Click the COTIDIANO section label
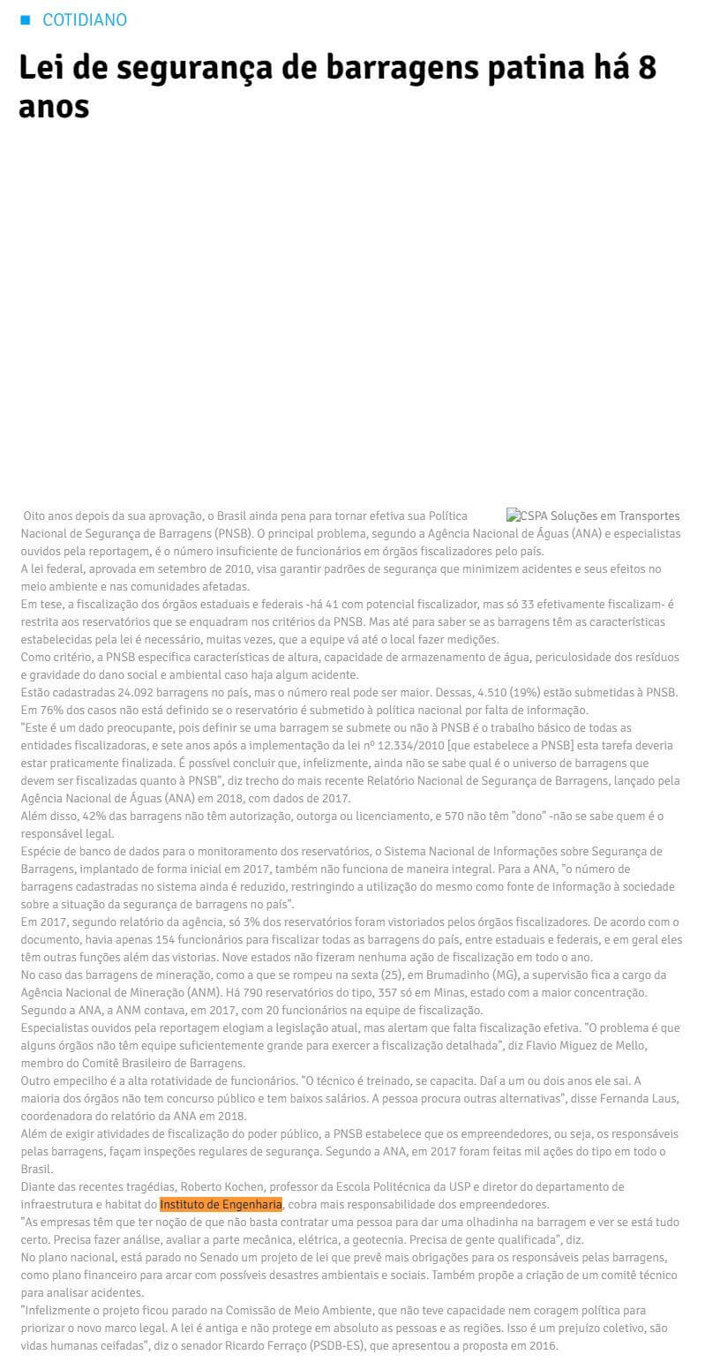pos(85,19)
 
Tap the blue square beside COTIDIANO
pos(25,19)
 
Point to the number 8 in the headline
pos(647,68)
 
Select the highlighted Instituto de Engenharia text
pos(221,1204)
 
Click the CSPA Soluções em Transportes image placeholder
pos(593,515)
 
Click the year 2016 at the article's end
pos(543,1345)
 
